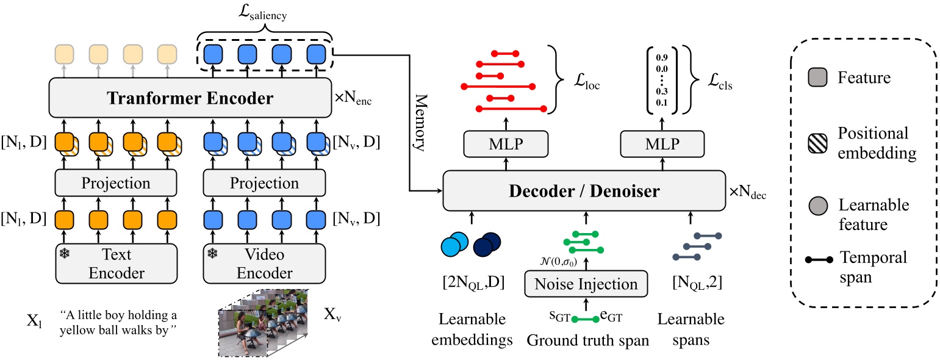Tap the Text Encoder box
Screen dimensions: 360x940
pos(116,263)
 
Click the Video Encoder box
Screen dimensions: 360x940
pos(264,263)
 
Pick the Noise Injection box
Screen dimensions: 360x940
pos(586,284)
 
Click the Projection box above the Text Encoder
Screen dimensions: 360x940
pos(116,183)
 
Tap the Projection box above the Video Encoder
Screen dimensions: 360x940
pos(264,183)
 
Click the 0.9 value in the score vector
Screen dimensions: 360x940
pos(661,58)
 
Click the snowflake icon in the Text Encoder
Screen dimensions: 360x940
pos(63,253)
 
